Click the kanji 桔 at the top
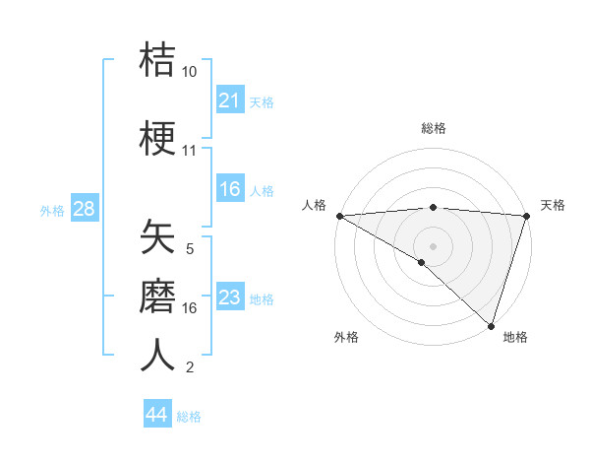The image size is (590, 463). [158, 61]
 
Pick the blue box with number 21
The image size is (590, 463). [229, 100]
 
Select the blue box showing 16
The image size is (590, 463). [229, 190]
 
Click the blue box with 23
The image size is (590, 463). [229, 298]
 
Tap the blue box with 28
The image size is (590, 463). [84, 210]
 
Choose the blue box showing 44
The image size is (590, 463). [157, 415]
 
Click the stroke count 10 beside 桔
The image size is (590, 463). [190, 72]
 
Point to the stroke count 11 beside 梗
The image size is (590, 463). [190, 151]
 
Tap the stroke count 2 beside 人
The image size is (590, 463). [189, 367]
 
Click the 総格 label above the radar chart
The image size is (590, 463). [433, 128]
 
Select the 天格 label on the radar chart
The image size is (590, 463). [553, 205]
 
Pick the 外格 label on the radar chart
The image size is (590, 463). [345, 337]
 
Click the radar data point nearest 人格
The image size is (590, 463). [339, 216]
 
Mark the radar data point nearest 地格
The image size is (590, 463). [492, 325]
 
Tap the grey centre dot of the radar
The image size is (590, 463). [433, 245]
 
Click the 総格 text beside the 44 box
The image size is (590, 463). [189, 417]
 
